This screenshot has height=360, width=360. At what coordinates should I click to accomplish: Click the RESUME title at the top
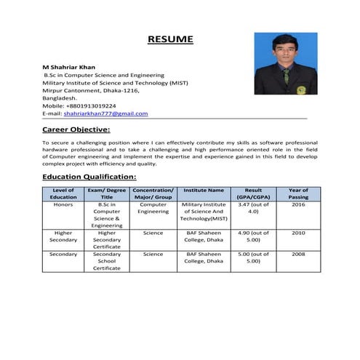[x=170, y=39]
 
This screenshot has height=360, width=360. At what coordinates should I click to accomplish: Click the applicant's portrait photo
[x=286, y=63]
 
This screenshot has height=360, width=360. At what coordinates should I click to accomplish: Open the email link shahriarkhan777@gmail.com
[x=105, y=113]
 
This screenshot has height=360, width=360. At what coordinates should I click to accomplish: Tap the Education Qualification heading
[x=89, y=177]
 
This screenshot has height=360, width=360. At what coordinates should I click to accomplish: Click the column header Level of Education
[x=63, y=193]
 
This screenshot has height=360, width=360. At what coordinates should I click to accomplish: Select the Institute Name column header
[x=204, y=190]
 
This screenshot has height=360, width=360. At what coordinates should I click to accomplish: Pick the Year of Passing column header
[x=298, y=193]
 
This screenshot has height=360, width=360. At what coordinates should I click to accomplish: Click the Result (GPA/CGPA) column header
[x=253, y=193]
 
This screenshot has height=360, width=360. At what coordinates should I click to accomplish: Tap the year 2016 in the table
[x=298, y=205]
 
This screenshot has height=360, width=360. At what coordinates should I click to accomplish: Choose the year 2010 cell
[x=298, y=233]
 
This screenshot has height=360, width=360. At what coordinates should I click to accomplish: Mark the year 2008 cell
[x=298, y=255]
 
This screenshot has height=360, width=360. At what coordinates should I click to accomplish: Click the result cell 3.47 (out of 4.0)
[x=253, y=209]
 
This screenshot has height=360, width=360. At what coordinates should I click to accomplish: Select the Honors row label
[x=63, y=205]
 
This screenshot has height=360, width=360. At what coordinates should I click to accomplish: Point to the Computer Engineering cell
[x=153, y=209]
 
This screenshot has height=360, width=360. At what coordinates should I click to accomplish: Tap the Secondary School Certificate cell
[x=107, y=261]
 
